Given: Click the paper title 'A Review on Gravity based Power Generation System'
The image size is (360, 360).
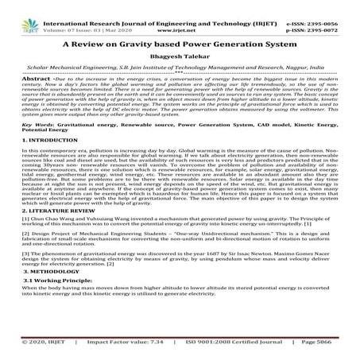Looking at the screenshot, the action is [180, 45].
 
